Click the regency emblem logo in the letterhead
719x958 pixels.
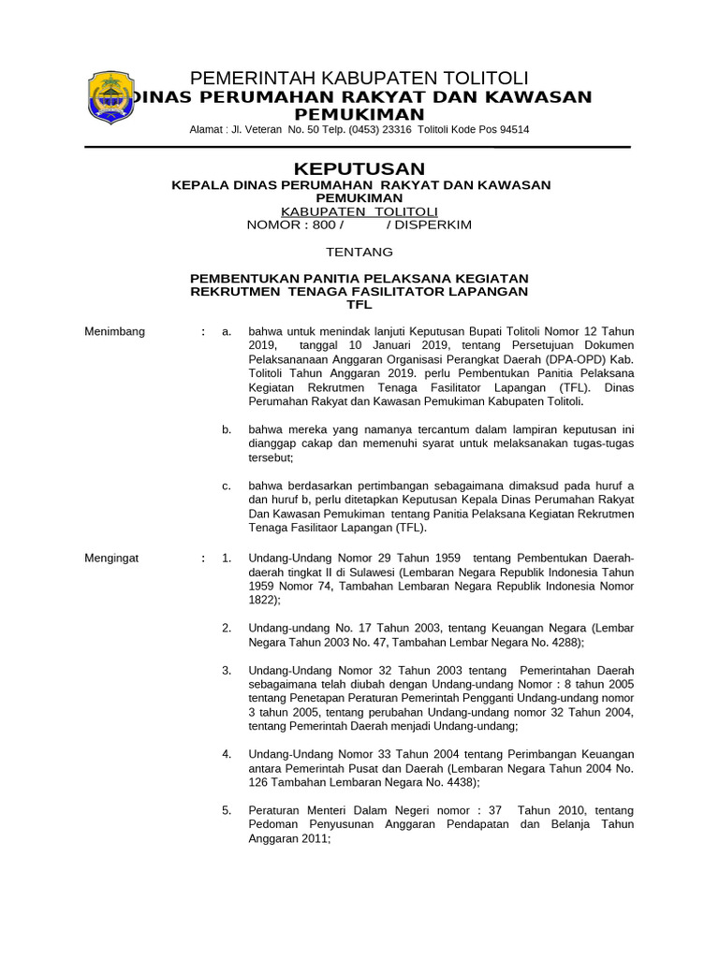click(111, 97)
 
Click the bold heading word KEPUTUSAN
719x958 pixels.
click(359, 168)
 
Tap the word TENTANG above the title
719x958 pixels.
click(359, 252)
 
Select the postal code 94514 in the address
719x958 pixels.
click(513, 130)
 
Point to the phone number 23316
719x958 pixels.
click(394, 130)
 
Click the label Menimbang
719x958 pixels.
click(114, 331)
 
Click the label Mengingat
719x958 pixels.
click(111, 559)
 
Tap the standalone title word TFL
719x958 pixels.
click(359, 304)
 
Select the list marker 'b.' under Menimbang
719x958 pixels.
click(227, 429)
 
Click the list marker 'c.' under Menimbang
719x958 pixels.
click(227, 486)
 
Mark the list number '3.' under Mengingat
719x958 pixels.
click(227, 671)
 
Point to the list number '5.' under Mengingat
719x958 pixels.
click(227, 810)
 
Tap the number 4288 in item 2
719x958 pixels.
click(562, 643)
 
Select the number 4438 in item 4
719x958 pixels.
click(457, 782)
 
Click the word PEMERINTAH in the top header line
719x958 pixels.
click(245, 77)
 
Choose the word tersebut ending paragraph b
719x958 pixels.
click(270, 457)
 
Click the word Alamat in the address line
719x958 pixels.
click(206, 130)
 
